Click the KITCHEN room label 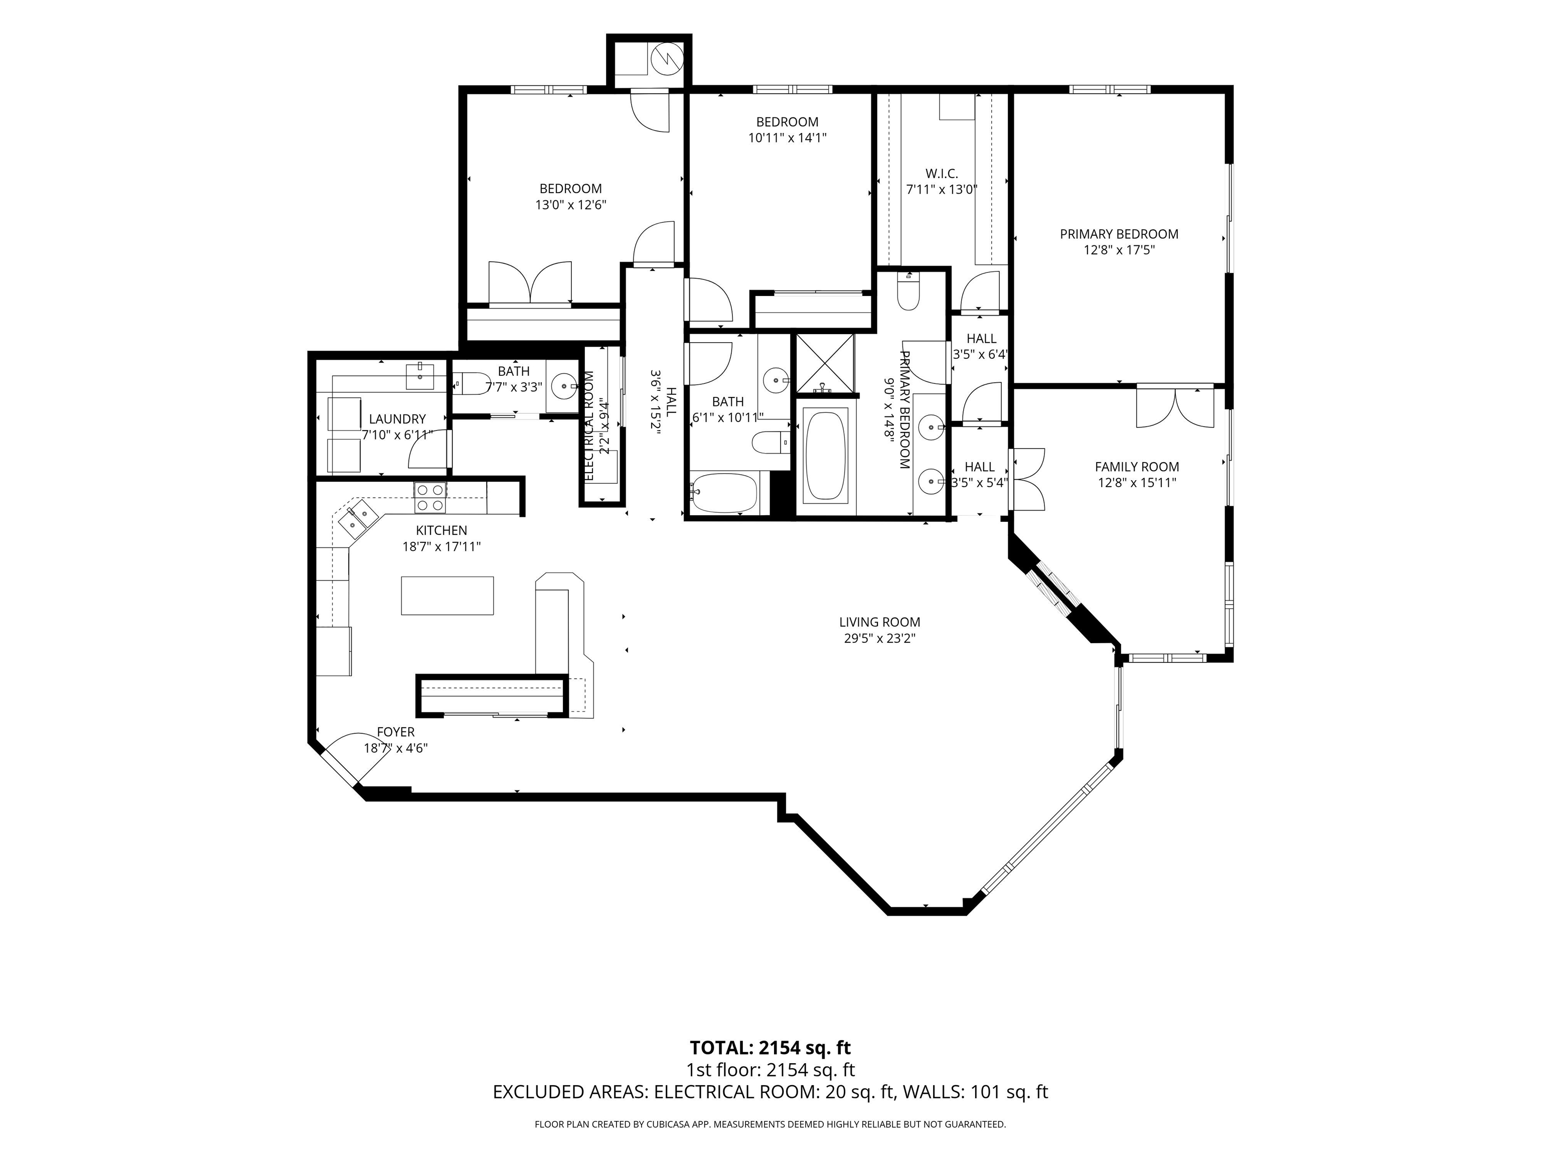pyautogui.click(x=441, y=531)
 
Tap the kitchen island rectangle pyautogui.click(x=447, y=596)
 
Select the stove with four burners pyautogui.click(x=430, y=498)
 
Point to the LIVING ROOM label pyautogui.click(x=880, y=622)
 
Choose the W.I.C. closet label pyautogui.click(x=942, y=174)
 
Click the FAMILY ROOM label pyautogui.click(x=1137, y=467)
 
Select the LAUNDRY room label pyautogui.click(x=397, y=419)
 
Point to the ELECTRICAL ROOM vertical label pyautogui.click(x=589, y=425)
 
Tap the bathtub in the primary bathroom pyautogui.click(x=826, y=454)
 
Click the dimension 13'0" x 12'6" pyautogui.click(x=570, y=205)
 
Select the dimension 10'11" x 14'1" pyautogui.click(x=787, y=138)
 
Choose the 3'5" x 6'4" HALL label pyautogui.click(x=981, y=346)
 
